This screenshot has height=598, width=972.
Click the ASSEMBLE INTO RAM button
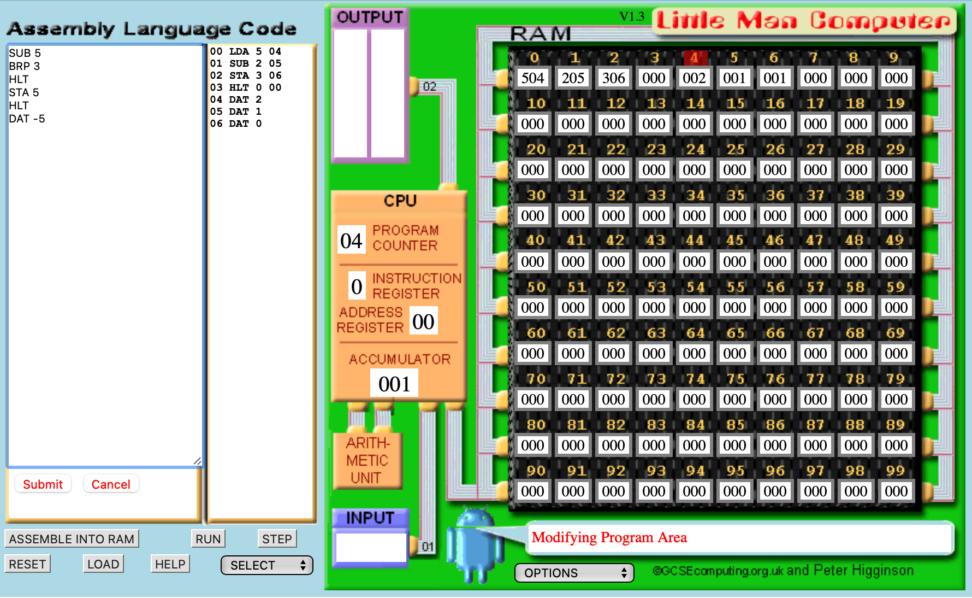pos(72,538)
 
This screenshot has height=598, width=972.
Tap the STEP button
pos(277,538)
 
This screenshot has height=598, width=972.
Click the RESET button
pos(27,564)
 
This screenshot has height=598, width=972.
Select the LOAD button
pos(103,564)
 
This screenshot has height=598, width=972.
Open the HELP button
pos(170,564)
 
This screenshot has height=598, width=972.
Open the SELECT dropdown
pos(266,565)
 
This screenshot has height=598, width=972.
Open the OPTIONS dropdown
pos(574,573)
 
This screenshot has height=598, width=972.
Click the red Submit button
pos(43,484)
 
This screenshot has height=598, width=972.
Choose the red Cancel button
pos(111,484)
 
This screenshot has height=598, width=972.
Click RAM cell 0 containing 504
pos(532,78)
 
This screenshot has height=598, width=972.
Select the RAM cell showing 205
pos(573,78)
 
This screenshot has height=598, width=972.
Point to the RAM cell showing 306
pos(613,78)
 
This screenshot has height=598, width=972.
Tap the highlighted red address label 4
pos(695,57)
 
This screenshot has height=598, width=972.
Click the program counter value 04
pos(351,241)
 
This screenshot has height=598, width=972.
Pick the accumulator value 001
pos(394,384)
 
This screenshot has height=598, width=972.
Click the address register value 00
pos(423,321)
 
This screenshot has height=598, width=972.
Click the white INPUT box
pos(371,547)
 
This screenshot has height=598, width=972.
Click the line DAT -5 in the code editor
pos(27,119)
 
